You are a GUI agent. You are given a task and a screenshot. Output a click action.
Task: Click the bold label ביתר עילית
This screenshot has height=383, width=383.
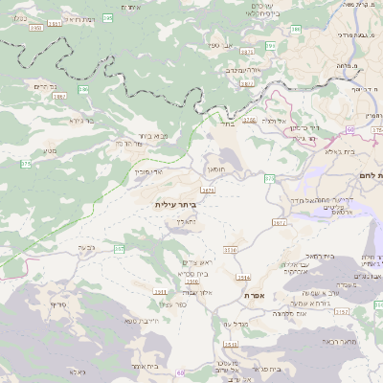174,204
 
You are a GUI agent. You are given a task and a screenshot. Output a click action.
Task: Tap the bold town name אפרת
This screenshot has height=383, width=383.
254,295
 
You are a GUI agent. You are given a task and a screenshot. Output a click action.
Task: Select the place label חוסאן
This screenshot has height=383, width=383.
216,168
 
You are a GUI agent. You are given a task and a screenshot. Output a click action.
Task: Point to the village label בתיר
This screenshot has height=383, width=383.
227,123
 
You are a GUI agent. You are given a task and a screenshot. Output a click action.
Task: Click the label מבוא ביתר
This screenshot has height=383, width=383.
153,136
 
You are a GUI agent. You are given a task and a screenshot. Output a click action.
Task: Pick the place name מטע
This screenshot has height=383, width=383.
50,150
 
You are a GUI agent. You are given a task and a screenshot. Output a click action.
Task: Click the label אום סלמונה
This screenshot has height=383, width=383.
288,314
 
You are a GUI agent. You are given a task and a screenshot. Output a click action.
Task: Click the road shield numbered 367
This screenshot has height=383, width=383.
120,249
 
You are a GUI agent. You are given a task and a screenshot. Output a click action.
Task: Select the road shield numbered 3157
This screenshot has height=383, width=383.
343,311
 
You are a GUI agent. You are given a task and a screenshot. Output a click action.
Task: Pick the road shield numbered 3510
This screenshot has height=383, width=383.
193,282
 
